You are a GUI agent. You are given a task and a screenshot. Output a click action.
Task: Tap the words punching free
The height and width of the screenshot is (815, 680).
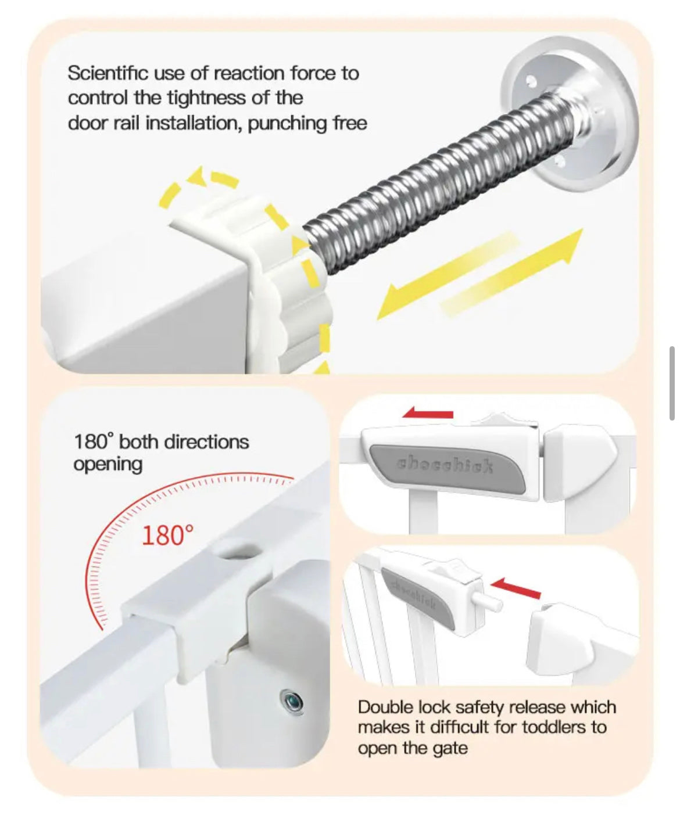[307, 124]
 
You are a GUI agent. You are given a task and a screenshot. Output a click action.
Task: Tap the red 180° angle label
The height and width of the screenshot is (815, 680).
[167, 535]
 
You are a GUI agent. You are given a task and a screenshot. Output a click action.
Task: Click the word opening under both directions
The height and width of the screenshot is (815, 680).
[108, 465]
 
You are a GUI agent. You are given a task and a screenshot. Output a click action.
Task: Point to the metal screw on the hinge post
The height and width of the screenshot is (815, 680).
[292, 703]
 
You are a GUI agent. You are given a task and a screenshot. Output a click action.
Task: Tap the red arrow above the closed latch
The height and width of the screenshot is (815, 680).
[428, 413]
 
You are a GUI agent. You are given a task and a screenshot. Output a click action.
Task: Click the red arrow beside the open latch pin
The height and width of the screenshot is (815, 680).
[516, 588]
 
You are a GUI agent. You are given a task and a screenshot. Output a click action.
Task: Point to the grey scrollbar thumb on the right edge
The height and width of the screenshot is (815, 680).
[672, 383]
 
